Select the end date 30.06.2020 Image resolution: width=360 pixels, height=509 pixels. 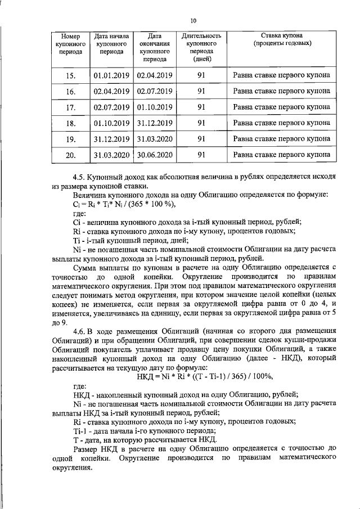click(155, 154)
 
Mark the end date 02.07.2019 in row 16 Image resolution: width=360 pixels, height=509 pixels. click(155, 91)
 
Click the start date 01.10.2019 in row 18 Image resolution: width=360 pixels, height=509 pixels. click(112, 123)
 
